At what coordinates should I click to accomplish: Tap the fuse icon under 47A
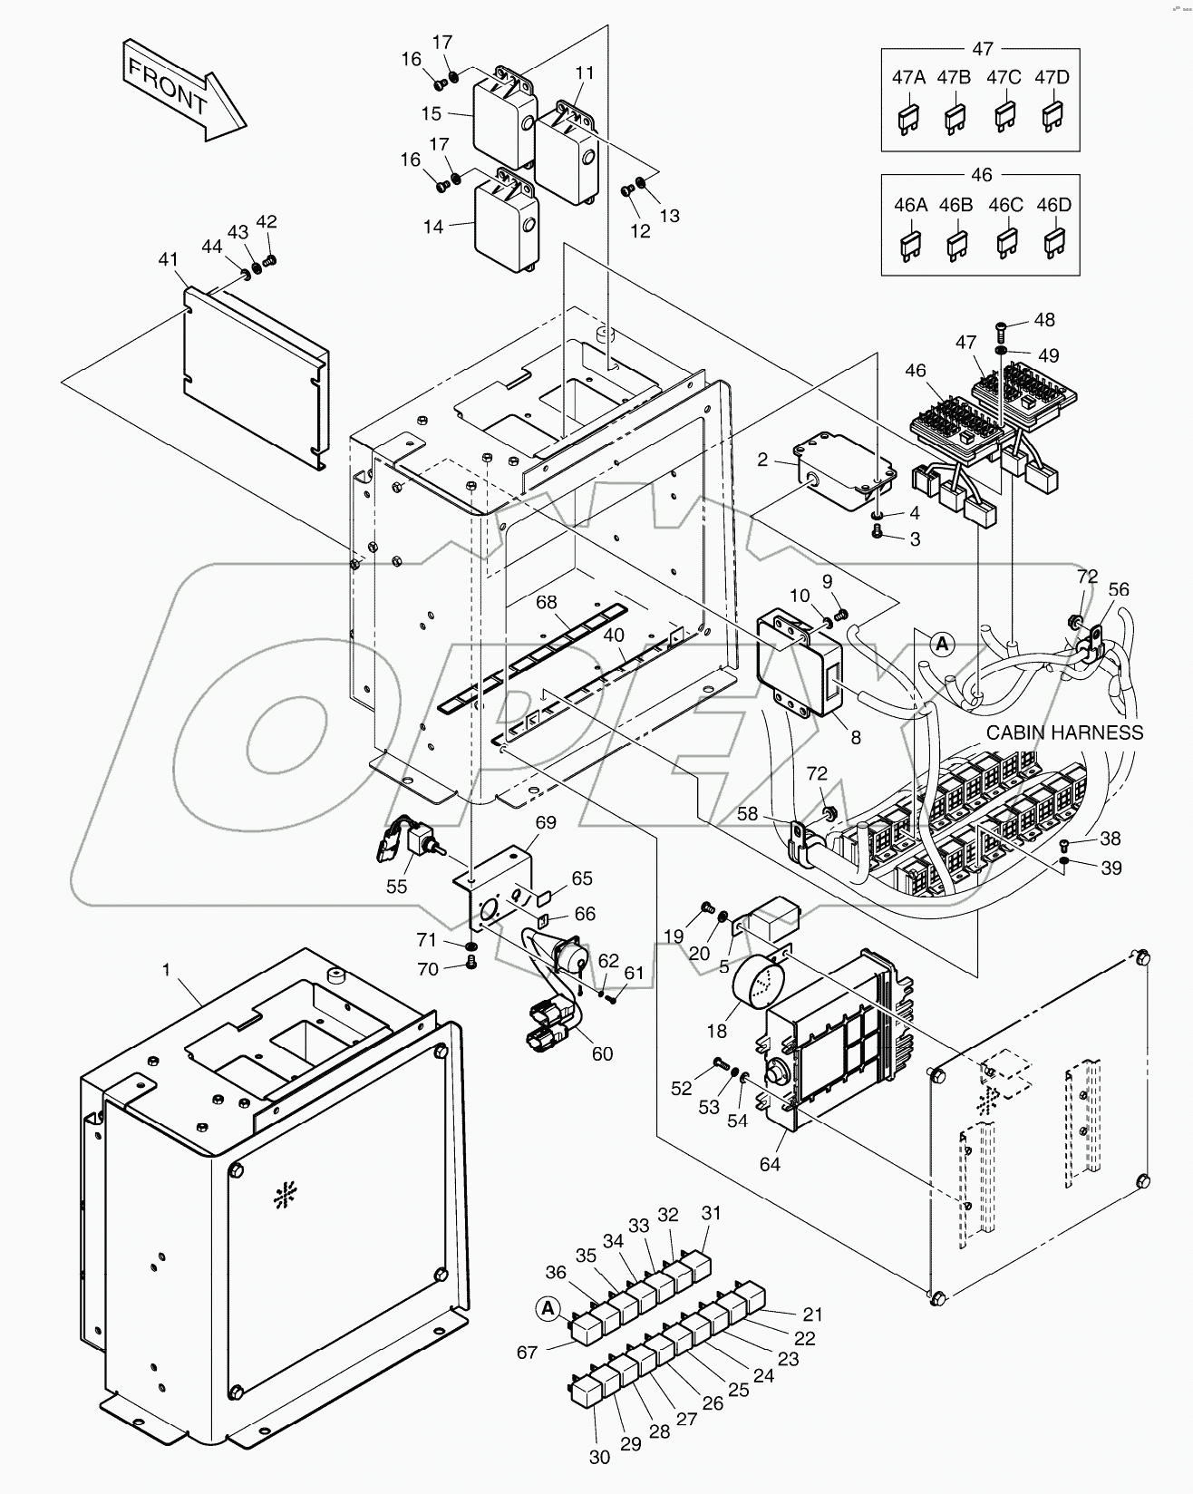point(907,119)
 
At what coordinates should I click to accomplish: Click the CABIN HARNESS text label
point(1064,732)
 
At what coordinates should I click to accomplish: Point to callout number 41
point(168,260)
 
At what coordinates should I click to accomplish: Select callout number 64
point(770,1164)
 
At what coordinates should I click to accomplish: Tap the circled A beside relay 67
point(547,1307)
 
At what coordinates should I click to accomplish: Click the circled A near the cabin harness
point(942,644)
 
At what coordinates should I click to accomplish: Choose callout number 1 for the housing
point(166,969)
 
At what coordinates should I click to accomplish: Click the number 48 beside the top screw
point(1044,320)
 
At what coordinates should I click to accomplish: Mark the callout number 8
point(855,738)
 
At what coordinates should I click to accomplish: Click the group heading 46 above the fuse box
point(981,174)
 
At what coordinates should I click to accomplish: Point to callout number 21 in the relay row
point(812,1315)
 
